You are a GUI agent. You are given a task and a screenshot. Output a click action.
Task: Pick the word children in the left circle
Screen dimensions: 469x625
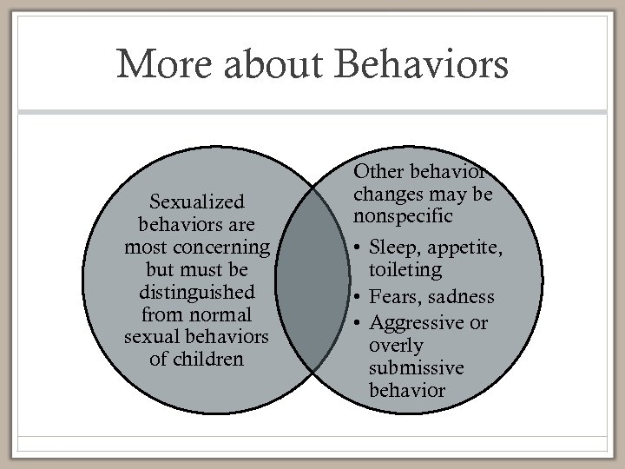pyautogui.click(x=207, y=358)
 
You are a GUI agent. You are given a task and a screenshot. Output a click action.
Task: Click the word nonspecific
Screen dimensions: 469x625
pyautogui.click(x=403, y=213)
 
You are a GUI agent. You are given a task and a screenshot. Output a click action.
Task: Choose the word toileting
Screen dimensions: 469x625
pyautogui.click(x=406, y=270)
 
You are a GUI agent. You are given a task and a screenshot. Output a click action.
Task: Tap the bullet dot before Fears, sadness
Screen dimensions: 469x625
pyautogui.click(x=359, y=297)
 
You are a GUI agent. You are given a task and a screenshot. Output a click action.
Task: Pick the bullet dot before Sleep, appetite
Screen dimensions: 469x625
pyautogui.click(x=359, y=248)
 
